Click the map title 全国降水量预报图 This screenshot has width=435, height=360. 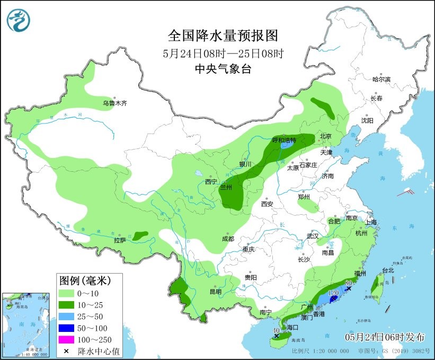pyautogui.click(x=223, y=36)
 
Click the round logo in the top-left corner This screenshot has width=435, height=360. pyautogui.click(x=19, y=20)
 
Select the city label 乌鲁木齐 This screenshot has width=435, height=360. pyautogui.click(x=115, y=103)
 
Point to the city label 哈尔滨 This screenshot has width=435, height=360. pyautogui.click(x=381, y=79)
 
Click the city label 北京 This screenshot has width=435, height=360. pyautogui.click(x=325, y=136)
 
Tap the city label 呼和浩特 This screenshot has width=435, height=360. pyautogui.click(x=284, y=140)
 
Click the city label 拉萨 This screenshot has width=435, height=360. pyautogui.click(x=120, y=240)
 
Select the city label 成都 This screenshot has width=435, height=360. pyautogui.click(x=228, y=239)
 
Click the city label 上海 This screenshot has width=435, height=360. pyautogui.click(x=370, y=222)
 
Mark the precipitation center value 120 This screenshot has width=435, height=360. pyautogui.click(x=334, y=293)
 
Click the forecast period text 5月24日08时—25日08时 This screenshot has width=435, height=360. pyautogui.click(x=223, y=53)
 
